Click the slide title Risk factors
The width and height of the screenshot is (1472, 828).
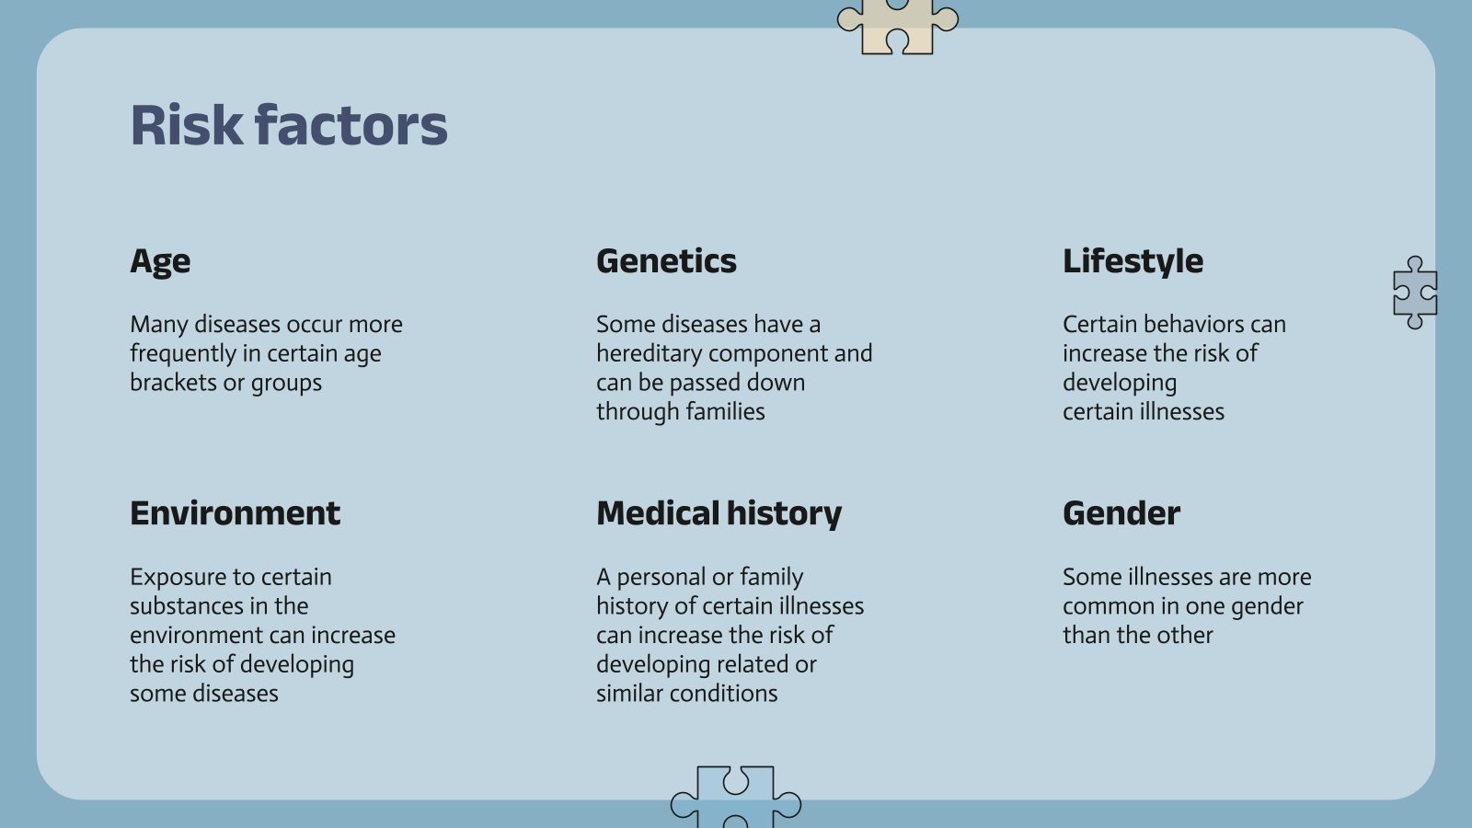pos(289,125)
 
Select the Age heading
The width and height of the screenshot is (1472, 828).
pos(160,262)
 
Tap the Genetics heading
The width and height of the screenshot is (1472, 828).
pos(666,261)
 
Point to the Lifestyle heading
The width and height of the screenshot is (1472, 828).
pos(1133,261)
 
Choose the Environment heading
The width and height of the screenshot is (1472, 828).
pos(236,513)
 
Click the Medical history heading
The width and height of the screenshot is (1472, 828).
pos(719,514)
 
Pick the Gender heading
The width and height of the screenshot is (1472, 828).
pos(1121,513)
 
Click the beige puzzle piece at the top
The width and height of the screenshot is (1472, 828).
pos(898,27)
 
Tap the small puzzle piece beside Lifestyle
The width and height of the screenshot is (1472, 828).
pos(1415,293)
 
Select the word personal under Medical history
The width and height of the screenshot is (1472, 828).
pos(661,578)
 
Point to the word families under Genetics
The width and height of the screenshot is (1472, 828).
pos(726,411)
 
